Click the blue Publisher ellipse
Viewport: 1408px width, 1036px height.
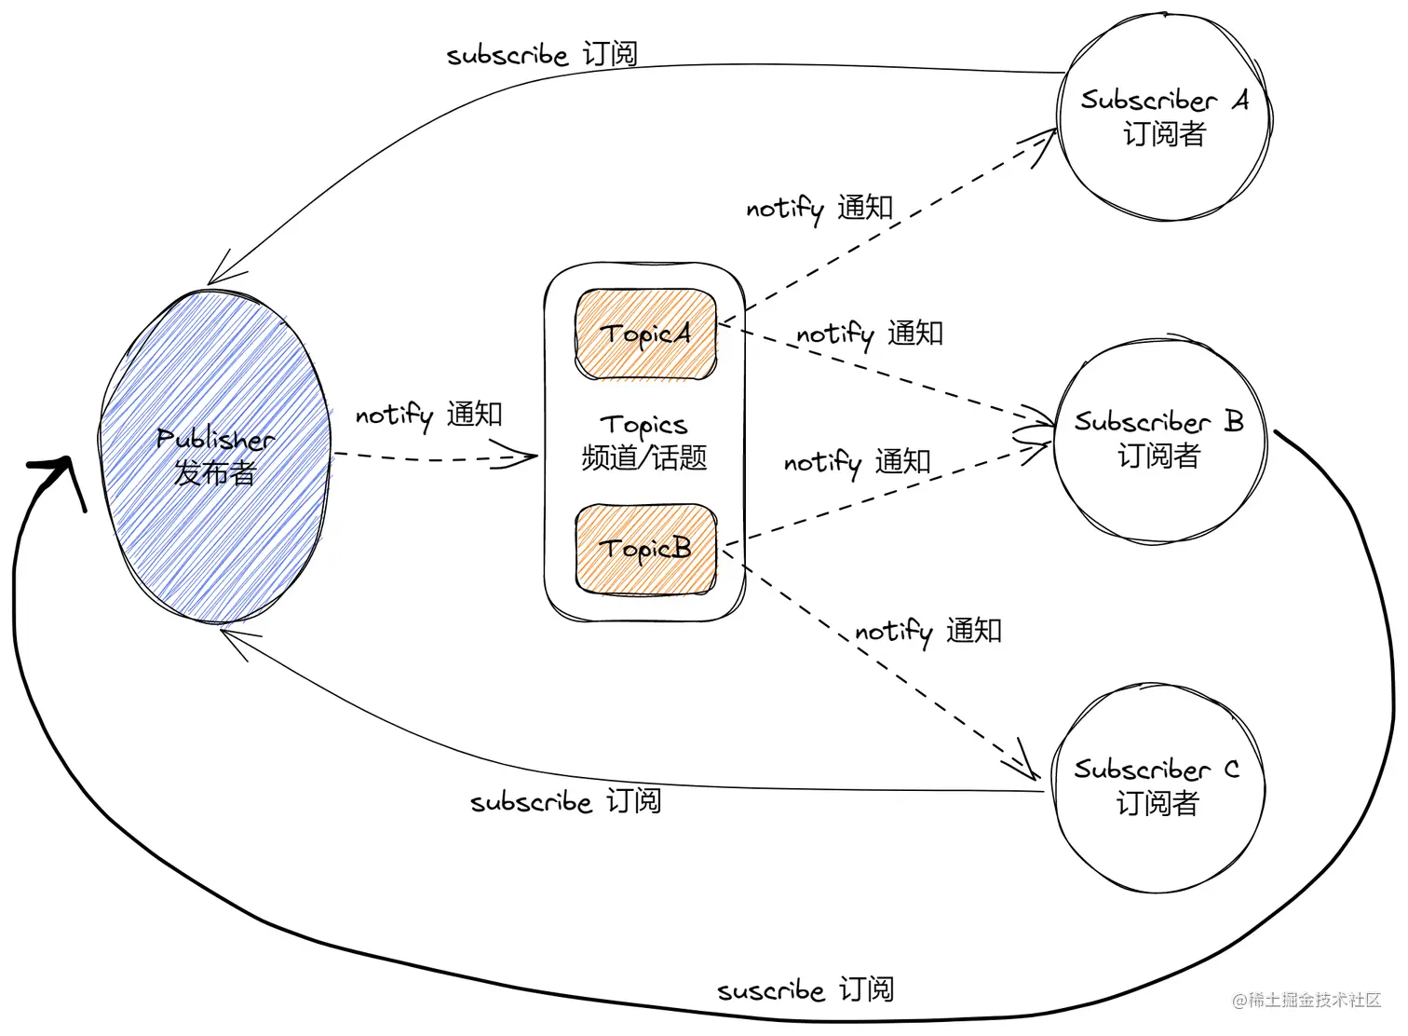215,457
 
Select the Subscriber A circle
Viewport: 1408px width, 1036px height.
1164,117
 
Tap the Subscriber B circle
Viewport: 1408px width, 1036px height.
1159,440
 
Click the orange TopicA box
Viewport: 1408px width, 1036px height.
646,334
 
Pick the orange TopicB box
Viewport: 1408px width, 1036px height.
646,549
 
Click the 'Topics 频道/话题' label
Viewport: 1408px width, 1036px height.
644,443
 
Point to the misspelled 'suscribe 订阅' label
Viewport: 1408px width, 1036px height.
806,989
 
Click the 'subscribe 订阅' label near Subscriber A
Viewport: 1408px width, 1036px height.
542,54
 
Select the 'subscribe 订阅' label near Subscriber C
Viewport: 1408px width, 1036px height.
566,801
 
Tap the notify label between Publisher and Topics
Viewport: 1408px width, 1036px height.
428,415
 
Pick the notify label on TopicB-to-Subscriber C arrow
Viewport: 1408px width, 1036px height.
928,632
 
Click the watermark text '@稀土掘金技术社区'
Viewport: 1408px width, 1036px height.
1306,1000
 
